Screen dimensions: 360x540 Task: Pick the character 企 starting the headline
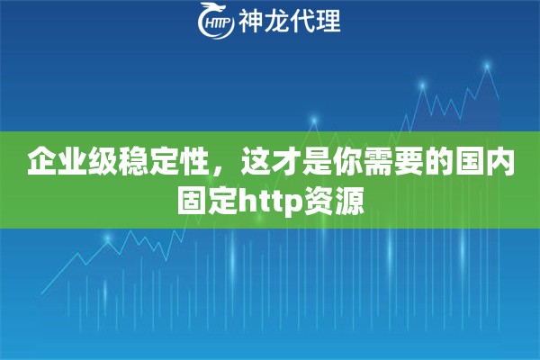pos(40,163)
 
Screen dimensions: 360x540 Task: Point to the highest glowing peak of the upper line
pos(487,65)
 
